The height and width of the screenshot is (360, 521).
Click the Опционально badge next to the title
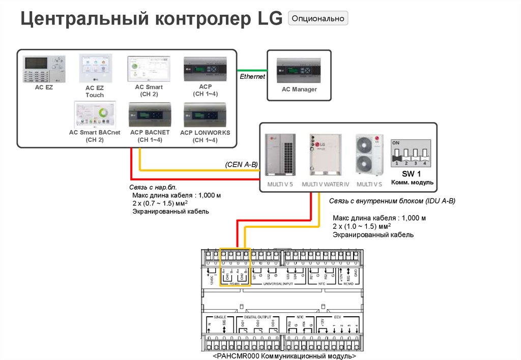click(318, 19)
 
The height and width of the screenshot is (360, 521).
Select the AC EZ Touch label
click(95, 92)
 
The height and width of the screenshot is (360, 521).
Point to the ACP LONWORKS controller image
click(205, 116)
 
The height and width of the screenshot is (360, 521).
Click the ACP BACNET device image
click(149, 116)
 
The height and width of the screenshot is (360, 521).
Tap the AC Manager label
click(299, 89)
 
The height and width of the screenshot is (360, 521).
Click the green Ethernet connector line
click(252, 70)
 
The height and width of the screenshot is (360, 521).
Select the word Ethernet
click(253, 77)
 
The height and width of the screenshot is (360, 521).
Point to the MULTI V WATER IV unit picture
click(325, 156)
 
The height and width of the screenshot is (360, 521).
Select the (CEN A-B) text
click(241, 164)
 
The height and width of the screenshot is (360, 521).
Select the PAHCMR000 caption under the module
click(284, 356)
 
